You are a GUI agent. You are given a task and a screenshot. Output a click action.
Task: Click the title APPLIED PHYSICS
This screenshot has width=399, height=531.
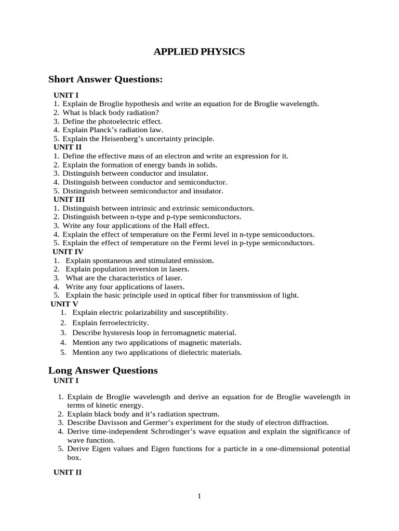pos(199,52)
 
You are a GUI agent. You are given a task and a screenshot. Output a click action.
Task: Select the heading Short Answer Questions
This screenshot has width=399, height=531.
pos(105,79)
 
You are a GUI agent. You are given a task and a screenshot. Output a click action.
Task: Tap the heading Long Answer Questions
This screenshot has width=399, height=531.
pos(103,370)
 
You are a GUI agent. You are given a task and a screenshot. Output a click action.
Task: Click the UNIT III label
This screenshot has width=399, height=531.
pos(69,199)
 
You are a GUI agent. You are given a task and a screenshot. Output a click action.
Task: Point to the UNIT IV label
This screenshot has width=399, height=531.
pos(69,251)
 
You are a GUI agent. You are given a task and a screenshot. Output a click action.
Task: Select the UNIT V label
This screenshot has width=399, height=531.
pos(64,304)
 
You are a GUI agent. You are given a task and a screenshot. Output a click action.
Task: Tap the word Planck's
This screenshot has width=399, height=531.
pos(102,130)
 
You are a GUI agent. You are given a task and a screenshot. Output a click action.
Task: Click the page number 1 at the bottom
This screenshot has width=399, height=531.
pos(199,496)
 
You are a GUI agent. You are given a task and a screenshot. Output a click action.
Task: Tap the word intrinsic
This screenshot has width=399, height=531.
pos(149,208)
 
